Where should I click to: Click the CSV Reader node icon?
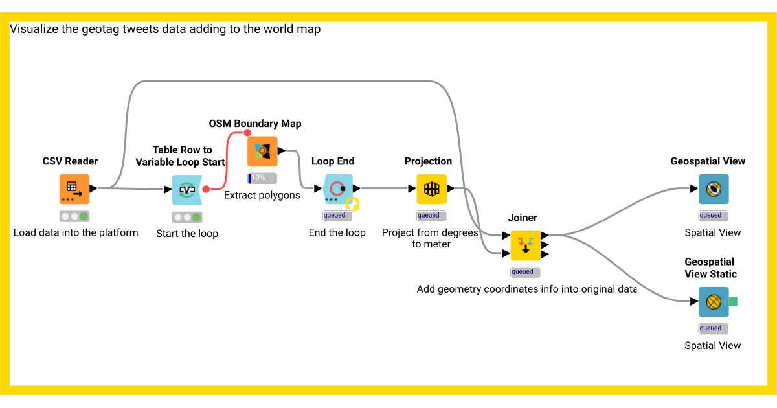click(74, 189)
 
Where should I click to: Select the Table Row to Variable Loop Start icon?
click(187, 190)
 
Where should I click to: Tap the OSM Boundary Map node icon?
click(262, 152)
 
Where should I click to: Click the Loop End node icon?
click(337, 189)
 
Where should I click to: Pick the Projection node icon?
click(431, 189)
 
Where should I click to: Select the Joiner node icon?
click(525, 245)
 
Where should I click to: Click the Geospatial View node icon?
click(714, 189)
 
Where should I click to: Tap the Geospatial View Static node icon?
click(714, 302)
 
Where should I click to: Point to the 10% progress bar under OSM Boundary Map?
click(262, 177)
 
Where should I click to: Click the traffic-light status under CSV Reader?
click(74, 216)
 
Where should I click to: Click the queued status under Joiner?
click(525, 272)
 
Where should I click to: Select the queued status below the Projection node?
click(431, 216)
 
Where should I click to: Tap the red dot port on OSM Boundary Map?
click(247, 133)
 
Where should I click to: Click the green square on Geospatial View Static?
click(733, 302)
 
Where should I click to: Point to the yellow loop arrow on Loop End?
click(353, 204)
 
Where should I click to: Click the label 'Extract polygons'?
click(262, 195)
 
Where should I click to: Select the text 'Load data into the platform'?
click(76, 232)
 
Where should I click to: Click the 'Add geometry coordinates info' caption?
click(526, 289)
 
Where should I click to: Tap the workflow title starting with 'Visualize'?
click(165, 29)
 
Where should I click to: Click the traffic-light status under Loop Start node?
click(187, 218)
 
